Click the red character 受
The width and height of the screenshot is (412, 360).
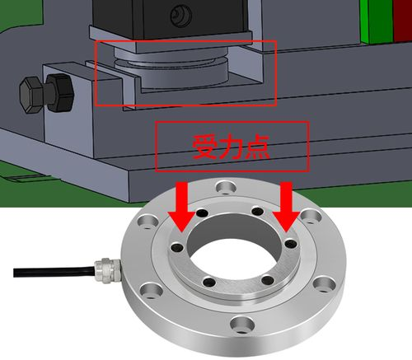pyautogui.click(x=205, y=147)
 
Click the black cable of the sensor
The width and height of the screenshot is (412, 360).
pyautogui.click(x=54, y=270)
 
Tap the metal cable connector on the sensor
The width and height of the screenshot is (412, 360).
pyautogui.click(x=108, y=270)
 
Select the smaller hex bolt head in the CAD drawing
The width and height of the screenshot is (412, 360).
pyautogui.click(x=31, y=95)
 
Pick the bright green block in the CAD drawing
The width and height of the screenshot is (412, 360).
pyautogui.click(x=377, y=21)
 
